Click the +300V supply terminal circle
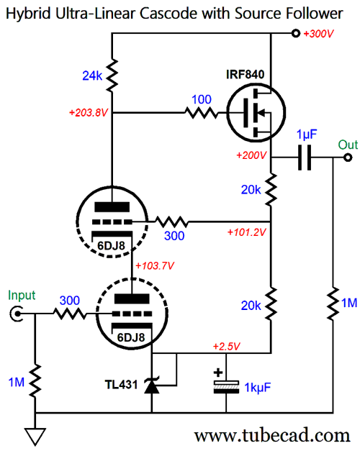click(x=296, y=33)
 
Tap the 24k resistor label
click(x=92, y=76)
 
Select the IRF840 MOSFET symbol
click(x=256, y=112)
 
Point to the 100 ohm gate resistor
click(x=202, y=112)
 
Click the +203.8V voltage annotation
click(x=89, y=112)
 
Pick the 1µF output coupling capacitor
click(x=305, y=158)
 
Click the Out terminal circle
click(x=348, y=158)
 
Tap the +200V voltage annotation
click(x=251, y=155)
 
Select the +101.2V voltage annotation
click(x=246, y=232)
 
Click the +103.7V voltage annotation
click(x=155, y=265)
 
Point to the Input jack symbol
click(x=17, y=314)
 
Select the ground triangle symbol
click(x=35, y=437)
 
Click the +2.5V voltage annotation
click(x=226, y=347)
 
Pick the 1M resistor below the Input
click(x=35, y=381)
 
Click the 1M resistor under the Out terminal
click(x=333, y=304)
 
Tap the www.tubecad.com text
click(x=272, y=435)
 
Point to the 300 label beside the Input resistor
click(x=70, y=301)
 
